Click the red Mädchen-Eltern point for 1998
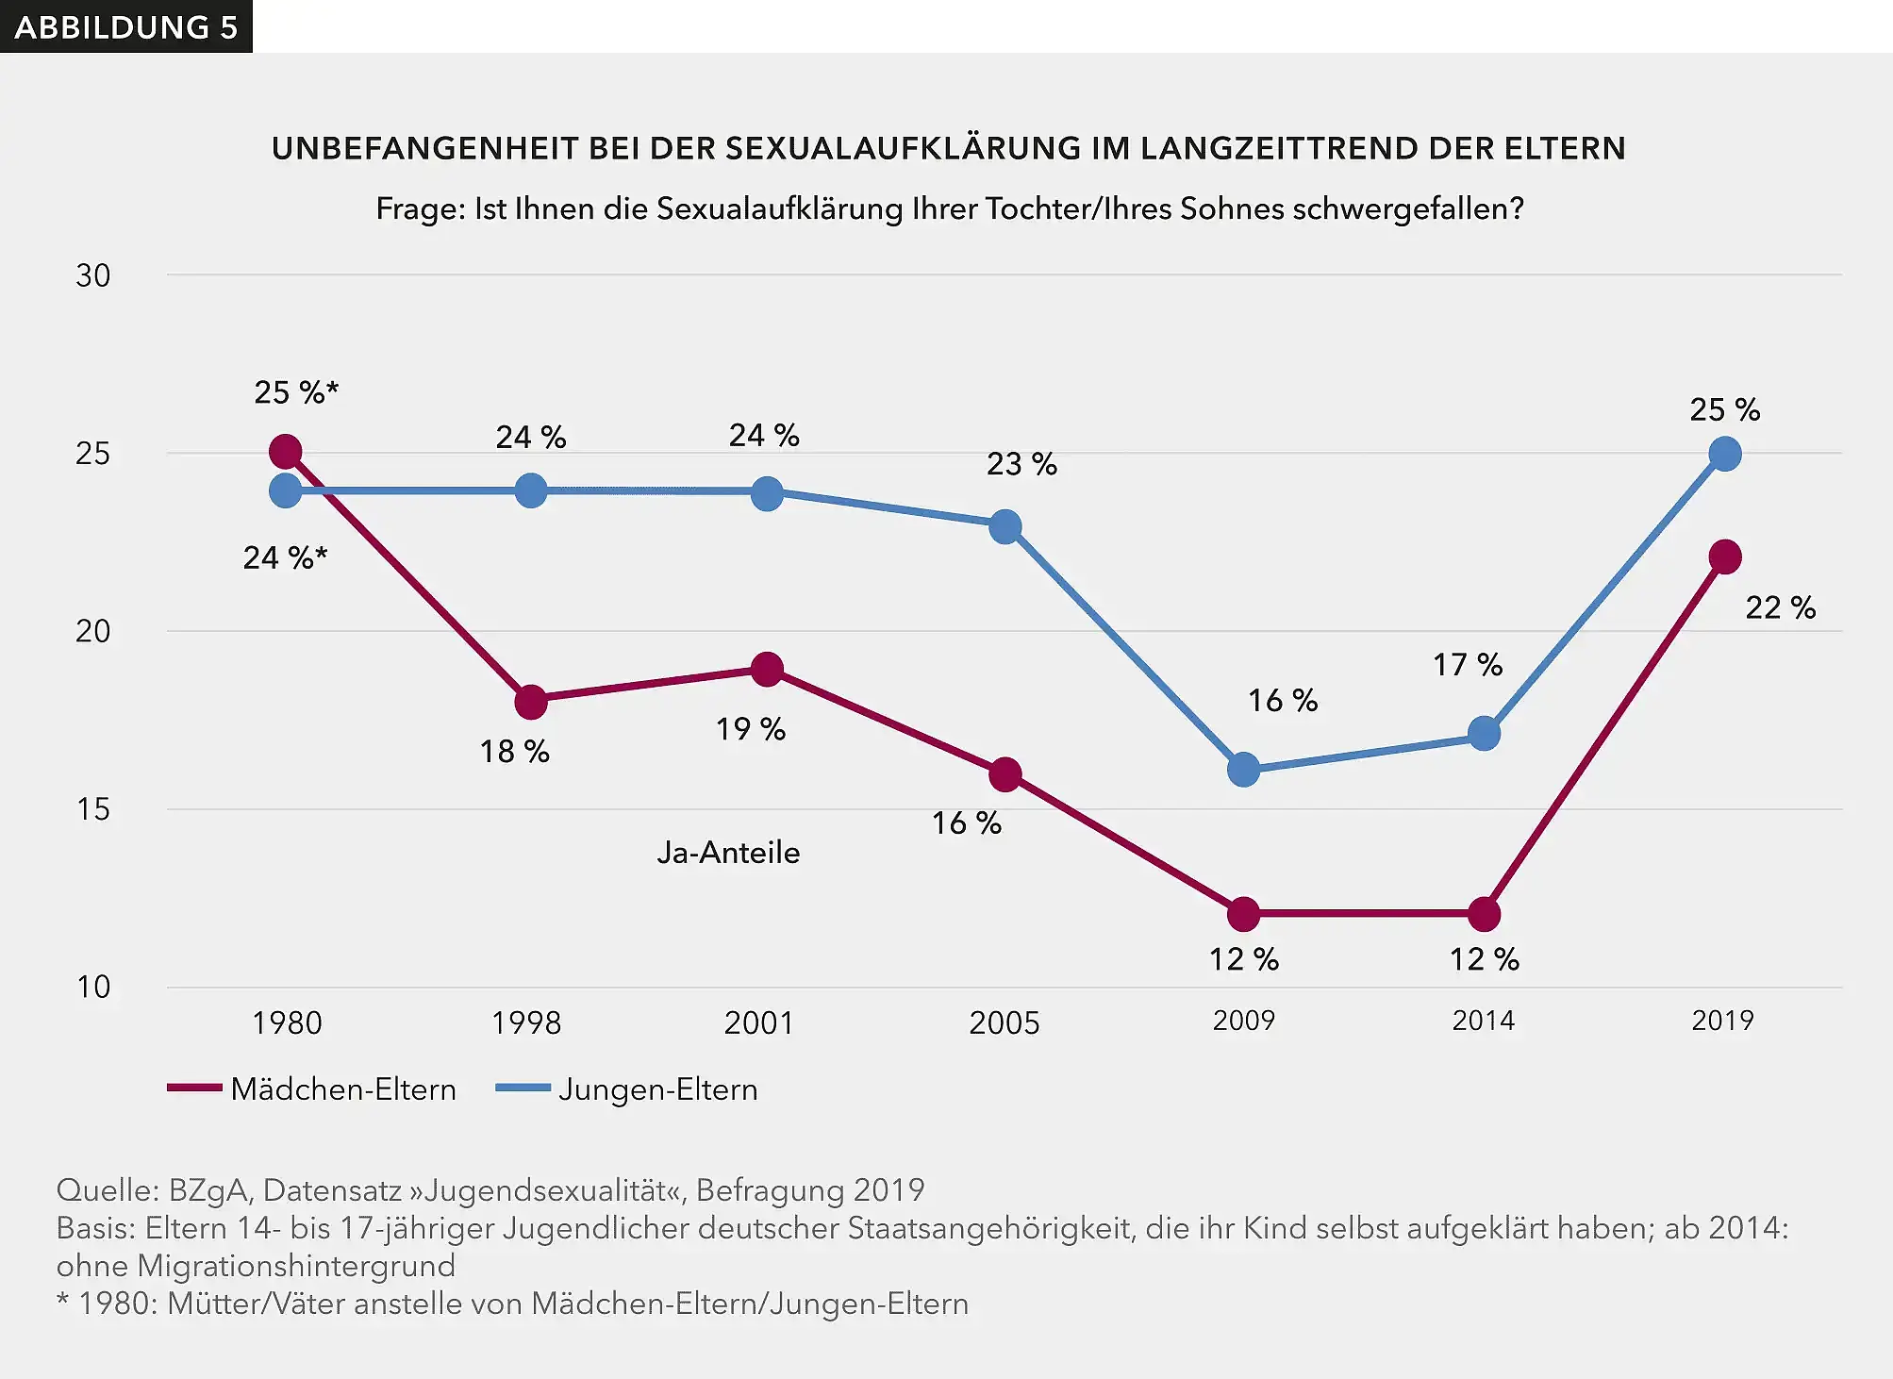point(531,702)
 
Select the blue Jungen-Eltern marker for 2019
point(1724,455)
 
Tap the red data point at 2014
point(1484,914)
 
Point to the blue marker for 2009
point(1244,770)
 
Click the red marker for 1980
point(286,452)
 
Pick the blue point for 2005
point(1005,526)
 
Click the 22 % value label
point(1779,607)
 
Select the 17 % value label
point(1467,665)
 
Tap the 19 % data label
point(750,729)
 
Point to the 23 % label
point(1021,464)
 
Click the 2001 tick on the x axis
point(758,1022)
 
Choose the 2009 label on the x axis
point(1243,1021)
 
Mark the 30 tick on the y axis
point(92,275)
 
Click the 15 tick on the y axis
point(92,809)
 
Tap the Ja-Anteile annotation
point(728,853)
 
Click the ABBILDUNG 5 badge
point(125,26)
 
